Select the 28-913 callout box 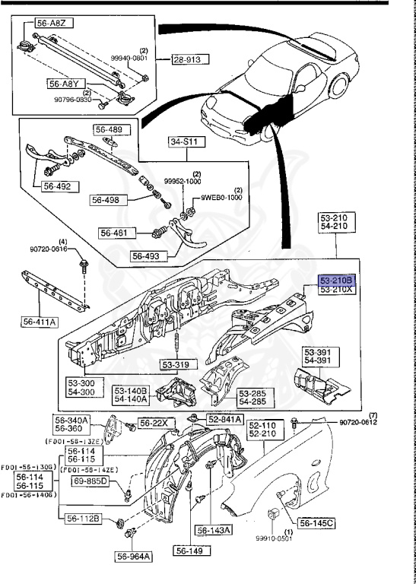point(188,59)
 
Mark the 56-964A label point(134,557)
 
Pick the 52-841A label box point(225,419)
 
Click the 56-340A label point(71,419)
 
